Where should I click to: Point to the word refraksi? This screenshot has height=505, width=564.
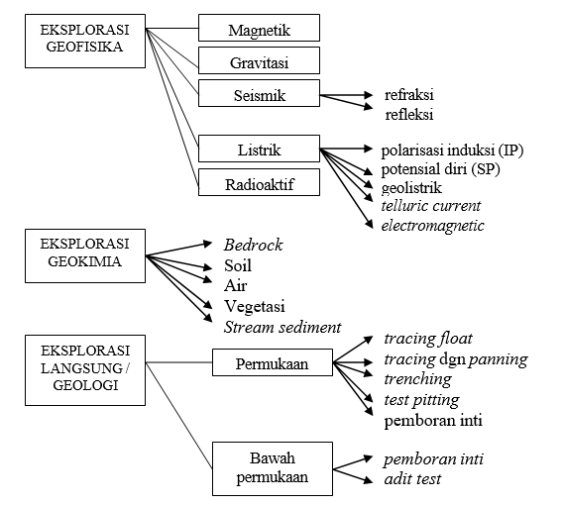[409, 95]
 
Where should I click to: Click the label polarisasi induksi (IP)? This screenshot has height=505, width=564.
[452, 151]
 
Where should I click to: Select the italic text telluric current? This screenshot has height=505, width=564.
[430, 206]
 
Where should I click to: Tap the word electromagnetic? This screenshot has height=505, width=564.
[432, 226]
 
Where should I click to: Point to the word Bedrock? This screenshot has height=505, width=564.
[253, 246]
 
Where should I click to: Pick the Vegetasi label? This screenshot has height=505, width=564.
[255, 307]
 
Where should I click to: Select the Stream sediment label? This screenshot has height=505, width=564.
[282, 327]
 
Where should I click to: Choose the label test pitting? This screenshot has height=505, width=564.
[421, 400]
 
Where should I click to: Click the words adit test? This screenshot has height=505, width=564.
[412, 479]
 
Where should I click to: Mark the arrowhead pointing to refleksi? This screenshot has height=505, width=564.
[369, 107]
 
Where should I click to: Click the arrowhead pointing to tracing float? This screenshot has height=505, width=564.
[369, 339]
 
